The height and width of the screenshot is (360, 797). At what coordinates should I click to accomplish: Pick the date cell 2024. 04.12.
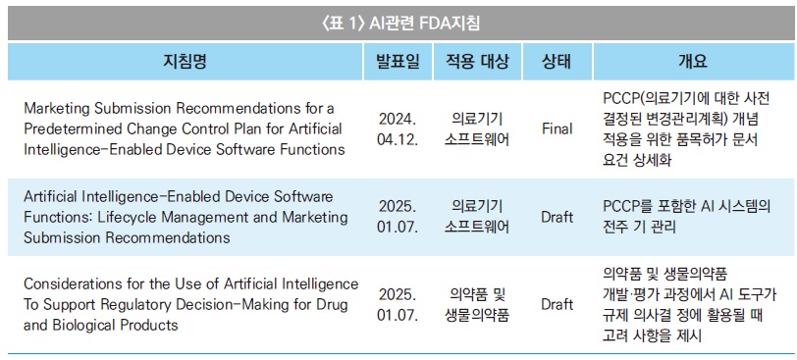coord(398,129)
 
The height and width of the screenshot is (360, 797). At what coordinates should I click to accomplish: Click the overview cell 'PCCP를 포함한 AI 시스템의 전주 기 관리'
coord(687,217)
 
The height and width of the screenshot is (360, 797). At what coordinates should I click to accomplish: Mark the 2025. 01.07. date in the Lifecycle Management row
coord(398,217)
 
